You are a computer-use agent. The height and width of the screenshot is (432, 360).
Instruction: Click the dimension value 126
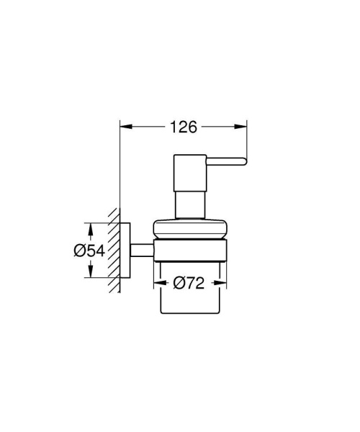[x=184, y=127]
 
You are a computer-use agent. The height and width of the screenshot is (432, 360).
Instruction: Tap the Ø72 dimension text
[x=189, y=283]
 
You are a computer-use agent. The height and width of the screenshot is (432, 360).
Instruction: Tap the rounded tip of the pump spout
[x=245, y=160]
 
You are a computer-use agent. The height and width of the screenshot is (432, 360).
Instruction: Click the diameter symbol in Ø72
[x=176, y=283]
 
